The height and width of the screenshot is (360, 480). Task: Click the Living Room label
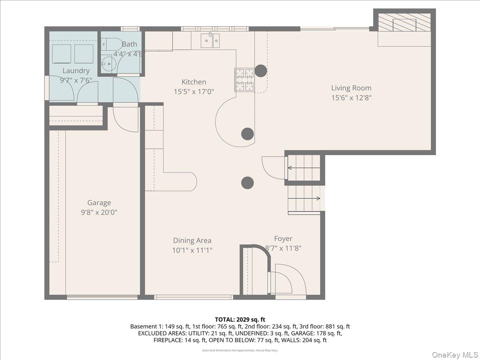(x=351, y=88)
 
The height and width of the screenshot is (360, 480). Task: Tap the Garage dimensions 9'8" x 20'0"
(x=99, y=213)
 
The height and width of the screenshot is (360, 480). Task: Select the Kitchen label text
(x=194, y=82)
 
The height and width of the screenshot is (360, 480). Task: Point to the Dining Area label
(x=192, y=240)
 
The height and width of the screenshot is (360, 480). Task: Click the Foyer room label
(x=283, y=239)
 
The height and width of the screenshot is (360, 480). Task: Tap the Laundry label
(x=76, y=71)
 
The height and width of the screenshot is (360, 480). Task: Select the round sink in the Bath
(x=107, y=64)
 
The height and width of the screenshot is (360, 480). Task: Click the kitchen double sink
(x=210, y=40)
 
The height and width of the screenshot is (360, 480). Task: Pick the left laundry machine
(x=62, y=54)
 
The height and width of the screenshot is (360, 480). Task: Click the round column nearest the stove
(x=261, y=71)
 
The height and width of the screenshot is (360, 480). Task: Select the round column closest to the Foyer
(x=248, y=183)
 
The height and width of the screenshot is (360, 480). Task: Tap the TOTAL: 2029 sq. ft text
(x=240, y=319)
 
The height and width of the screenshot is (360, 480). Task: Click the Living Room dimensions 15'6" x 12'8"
(x=351, y=98)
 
